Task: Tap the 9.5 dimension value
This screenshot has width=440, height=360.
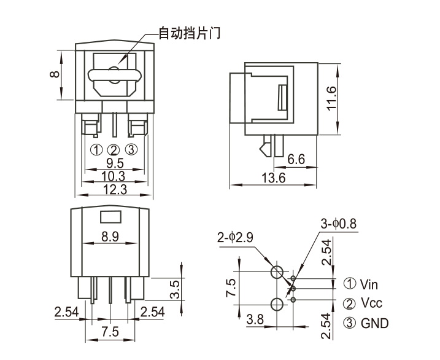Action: (114, 163)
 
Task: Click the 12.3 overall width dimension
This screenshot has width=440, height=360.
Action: (114, 190)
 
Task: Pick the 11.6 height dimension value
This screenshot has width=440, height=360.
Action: (331, 98)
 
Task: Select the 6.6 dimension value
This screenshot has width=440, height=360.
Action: (296, 159)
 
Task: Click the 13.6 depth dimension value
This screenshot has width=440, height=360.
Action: (274, 178)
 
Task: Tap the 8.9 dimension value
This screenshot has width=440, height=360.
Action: (110, 236)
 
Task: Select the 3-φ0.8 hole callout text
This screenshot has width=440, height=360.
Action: (338, 224)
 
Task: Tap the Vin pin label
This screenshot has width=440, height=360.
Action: (369, 284)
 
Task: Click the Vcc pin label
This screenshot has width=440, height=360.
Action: (370, 303)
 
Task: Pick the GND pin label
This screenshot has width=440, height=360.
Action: (374, 323)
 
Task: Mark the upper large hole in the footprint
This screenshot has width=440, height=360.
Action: (277, 273)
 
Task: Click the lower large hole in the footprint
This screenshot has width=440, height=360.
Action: (277, 303)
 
